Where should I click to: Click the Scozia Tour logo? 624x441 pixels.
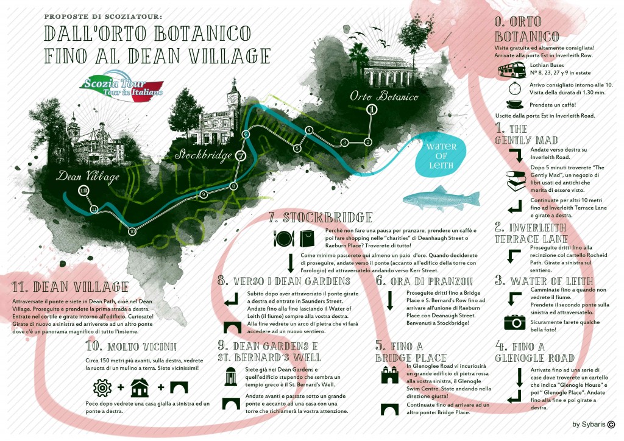click(122, 89)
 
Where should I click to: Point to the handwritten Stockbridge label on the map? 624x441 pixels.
click(204, 155)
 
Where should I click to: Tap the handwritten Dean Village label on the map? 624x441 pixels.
click(89, 176)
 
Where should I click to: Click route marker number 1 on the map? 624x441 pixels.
click(370, 110)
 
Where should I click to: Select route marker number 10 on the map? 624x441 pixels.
click(132, 231)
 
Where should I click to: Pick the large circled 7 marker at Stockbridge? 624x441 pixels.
click(241, 155)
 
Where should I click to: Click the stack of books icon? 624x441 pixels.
click(516, 178)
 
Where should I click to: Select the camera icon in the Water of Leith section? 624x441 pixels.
click(514, 322)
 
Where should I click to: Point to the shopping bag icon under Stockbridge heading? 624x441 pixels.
click(308, 239)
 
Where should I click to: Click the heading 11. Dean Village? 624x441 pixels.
click(70, 286)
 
